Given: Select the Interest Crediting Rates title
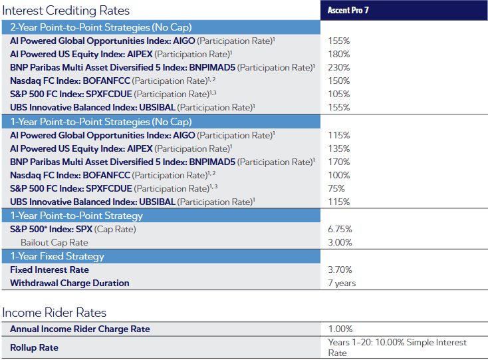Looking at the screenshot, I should pos(66,11).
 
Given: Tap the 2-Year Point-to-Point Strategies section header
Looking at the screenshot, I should pos(100,27).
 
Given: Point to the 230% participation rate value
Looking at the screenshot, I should pos(339,67).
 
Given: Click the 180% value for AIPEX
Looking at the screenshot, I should pos(339,54).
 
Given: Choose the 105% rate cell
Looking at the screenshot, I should pos(339,94).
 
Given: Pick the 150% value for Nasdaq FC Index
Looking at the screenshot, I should pos(339,81).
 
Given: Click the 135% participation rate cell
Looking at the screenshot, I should pos(339,148).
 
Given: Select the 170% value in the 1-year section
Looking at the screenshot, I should pos(339,162).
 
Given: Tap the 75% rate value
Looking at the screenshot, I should pos(336,188).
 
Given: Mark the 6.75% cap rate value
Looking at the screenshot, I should pos(340,229).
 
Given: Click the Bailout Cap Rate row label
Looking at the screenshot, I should pos(54,243).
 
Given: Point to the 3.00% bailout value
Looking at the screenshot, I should pos(340,243).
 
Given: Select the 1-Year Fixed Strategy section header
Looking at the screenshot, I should pos(57,256).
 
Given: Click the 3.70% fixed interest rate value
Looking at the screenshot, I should pos(340,270).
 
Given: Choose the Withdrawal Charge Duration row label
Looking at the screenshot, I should pos(70,283).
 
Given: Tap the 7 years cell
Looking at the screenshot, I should pos(342,283).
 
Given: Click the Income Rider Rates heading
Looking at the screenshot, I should pos(54,313).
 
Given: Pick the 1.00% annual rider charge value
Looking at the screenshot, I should pos(340,329).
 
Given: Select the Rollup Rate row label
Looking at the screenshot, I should pos(34,347).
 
